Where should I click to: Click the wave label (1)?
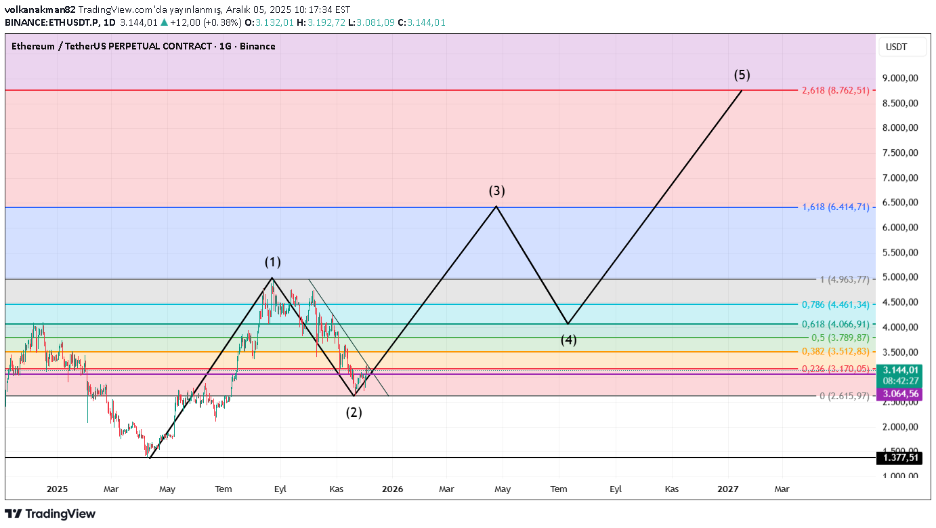tap(272, 262)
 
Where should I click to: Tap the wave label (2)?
tap(354, 412)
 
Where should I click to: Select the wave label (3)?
tap(497, 191)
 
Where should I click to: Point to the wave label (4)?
tap(568, 340)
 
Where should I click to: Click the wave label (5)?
tap(742, 75)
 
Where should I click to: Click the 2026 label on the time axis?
tap(392, 489)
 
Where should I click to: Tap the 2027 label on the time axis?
tap(728, 489)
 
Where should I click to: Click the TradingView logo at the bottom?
tap(50, 514)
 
